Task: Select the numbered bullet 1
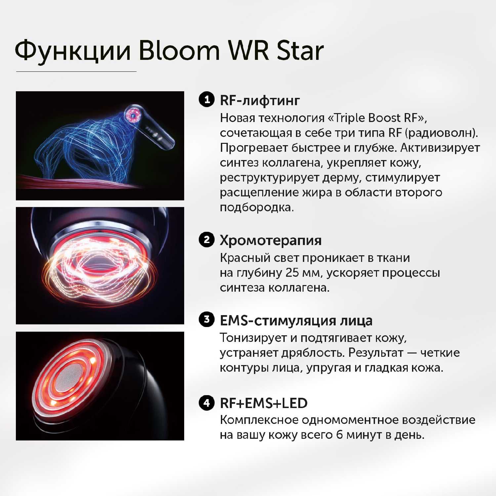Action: (207, 99)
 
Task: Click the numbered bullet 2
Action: (207, 239)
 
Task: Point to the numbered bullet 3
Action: (207, 319)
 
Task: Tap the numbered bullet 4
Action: (207, 403)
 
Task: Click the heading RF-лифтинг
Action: (260, 100)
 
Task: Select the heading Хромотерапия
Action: (270, 240)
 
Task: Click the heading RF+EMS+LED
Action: (264, 403)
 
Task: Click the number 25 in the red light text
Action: (292, 273)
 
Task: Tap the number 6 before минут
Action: (339, 434)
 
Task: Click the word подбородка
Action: (256, 207)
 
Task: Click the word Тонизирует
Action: (253, 338)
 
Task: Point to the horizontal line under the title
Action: (76, 71)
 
